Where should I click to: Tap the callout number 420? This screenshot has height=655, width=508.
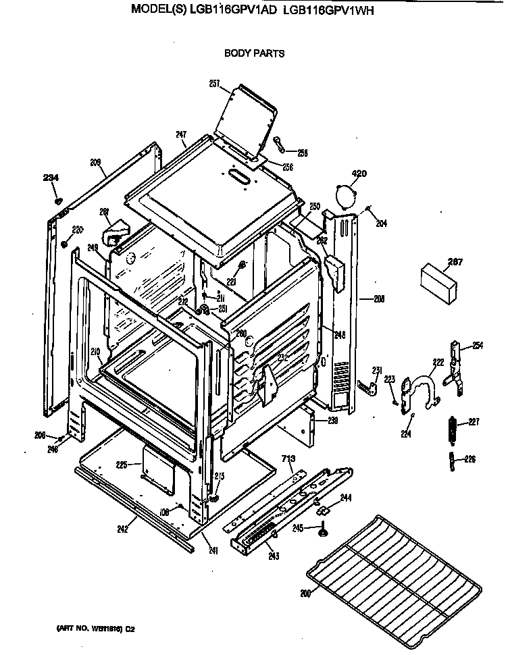point(359,174)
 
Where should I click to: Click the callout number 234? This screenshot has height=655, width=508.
point(51,178)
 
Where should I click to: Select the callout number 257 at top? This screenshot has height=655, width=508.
point(215,84)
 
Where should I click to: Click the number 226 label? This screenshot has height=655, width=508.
point(469,460)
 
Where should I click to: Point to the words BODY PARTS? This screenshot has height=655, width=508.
point(254,53)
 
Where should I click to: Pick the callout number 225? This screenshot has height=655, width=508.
point(122,465)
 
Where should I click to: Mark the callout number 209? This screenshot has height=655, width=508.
point(95,162)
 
